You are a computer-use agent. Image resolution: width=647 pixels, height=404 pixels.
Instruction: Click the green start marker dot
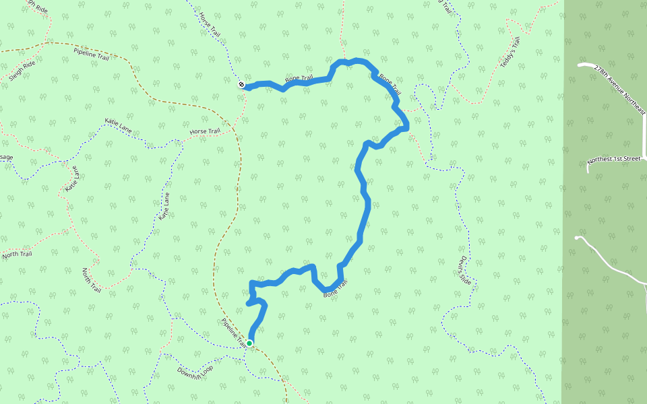coord(249,343)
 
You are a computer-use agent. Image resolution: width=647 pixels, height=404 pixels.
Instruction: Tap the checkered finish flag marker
coord(241,84)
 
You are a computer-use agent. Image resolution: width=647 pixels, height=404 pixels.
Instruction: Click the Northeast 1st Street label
coord(613,160)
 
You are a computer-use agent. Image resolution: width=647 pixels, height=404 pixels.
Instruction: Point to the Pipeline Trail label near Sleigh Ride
coord(91,54)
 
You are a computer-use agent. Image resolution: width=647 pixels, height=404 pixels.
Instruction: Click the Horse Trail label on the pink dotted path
coord(205,131)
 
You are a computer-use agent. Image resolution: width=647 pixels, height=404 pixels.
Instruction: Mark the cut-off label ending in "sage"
coord(6,158)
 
